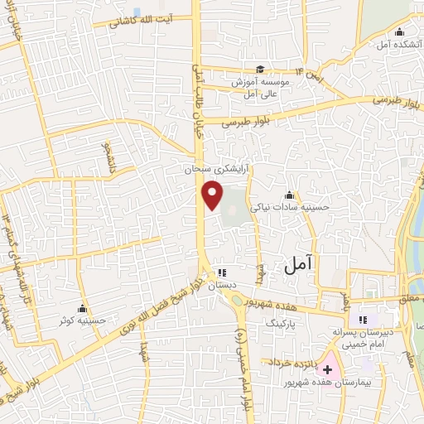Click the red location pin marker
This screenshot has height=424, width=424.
point(213,195)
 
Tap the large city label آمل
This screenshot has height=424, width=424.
point(299,265)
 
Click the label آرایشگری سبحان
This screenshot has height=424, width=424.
point(218,168)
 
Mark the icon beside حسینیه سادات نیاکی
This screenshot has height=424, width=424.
point(289,195)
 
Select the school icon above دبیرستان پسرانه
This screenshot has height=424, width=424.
point(362,319)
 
